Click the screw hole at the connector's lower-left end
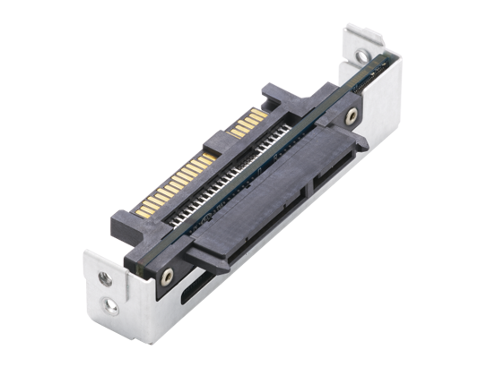[165, 275]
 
